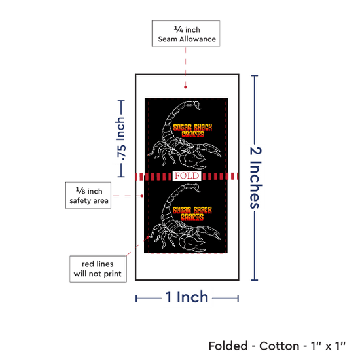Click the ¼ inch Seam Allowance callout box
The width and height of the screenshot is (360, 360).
tap(186, 33)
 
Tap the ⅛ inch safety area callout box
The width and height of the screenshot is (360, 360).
tap(88, 196)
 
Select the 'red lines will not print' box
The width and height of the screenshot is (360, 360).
tap(98, 269)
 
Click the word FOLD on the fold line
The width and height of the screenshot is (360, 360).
tap(187, 176)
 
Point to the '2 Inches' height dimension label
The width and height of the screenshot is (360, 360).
tap(255, 177)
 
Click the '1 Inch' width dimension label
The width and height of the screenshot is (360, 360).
tap(187, 297)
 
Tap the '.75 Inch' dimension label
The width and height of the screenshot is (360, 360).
tap(121, 139)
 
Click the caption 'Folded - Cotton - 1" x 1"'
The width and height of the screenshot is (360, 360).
tap(277, 346)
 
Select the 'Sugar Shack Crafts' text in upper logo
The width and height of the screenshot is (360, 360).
tap(192, 131)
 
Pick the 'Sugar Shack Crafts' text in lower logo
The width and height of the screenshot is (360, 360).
tap(192, 214)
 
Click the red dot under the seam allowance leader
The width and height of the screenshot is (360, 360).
tap(185, 87)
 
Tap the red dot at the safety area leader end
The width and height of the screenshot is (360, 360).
tap(142, 196)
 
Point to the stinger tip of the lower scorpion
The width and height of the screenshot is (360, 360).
tap(199, 191)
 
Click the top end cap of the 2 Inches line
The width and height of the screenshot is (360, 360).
tap(254, 75)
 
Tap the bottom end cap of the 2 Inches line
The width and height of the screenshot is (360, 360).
tap(254, 280)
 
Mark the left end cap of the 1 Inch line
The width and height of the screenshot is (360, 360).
tap(136, 298)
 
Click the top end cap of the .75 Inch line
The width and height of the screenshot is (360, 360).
tap(121, 101)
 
